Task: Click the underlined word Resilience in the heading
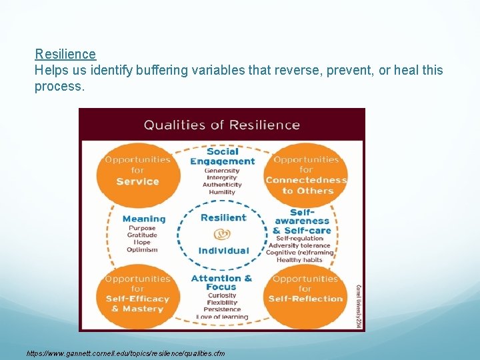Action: pos(65,54)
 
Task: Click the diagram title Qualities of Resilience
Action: pos(222,125)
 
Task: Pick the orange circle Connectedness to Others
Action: pos(306,175)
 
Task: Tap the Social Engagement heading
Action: pos(222,156)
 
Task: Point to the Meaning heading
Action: pos(144,219)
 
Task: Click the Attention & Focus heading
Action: pos(222,282)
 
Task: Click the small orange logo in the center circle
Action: pos(222,235)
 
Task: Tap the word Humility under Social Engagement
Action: pos(222,192)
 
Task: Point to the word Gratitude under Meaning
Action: pos(142,235)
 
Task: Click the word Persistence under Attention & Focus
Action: pos(222,309)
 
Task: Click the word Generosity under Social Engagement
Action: pos(222,171)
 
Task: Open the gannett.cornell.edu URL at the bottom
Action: pos(126,353)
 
